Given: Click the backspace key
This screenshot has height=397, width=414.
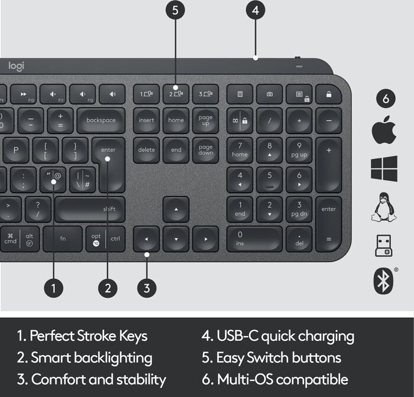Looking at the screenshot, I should (x=101, y=121).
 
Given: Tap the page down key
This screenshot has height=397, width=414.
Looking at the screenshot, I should (x=205, y=150).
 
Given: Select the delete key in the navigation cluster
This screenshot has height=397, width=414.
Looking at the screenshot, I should (x=146, y=150).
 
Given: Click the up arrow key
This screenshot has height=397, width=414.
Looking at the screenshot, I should (x=176, y=210).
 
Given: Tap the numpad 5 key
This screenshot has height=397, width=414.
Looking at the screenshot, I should (x=270, y=179).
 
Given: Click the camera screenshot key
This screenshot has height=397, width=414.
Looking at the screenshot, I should (x=270, y=95).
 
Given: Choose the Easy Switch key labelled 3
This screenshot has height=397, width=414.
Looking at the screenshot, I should (x=205, y=95).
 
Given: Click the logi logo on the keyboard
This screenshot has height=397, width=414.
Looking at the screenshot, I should (x=16, y=66).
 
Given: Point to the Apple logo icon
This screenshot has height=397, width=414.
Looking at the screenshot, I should (x=384, y=130).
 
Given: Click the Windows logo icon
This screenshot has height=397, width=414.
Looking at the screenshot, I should (x=384, y=168).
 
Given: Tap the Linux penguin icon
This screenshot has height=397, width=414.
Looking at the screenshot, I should (x=384, y=207).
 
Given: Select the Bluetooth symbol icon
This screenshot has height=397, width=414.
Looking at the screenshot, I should (x=384, y=280).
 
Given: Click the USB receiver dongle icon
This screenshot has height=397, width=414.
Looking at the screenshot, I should (x=384, y=245).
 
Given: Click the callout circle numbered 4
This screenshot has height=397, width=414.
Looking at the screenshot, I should (x=255, y=10).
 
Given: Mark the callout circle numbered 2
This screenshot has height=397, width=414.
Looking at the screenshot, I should (x=108, y=288).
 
